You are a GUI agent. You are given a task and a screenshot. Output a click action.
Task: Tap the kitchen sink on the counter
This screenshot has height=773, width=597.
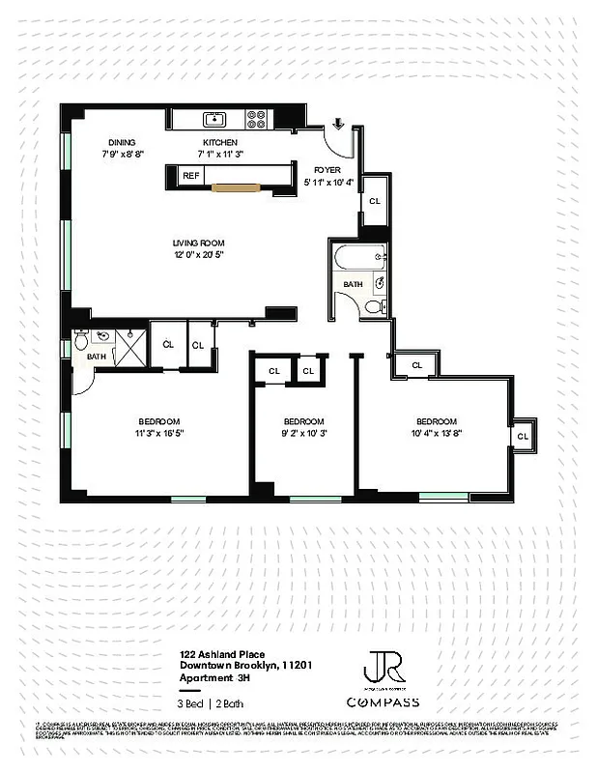(x=214, y=119)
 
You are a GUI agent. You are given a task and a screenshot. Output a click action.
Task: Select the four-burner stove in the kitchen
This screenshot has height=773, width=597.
(x=258, y=119)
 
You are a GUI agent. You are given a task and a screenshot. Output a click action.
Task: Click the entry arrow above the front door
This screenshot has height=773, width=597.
(x=338, y=123)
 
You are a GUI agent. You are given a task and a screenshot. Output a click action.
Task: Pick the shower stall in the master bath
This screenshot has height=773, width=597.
(x=127, y=344)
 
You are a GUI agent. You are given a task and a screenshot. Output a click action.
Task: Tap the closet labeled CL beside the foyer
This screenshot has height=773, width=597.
(x=374, y=201)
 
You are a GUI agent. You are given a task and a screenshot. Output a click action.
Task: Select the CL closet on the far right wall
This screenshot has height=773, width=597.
(x=523, y=436)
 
